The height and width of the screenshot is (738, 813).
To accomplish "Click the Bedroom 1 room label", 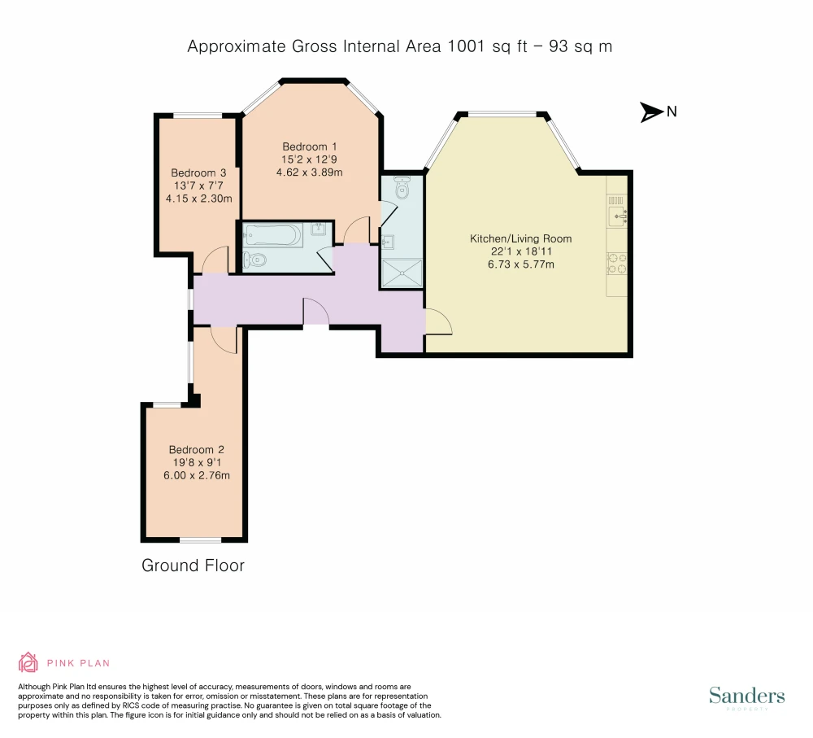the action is point(309,147).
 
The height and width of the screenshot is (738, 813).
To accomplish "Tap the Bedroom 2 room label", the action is point(196,450).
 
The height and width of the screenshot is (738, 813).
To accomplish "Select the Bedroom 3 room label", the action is point(198,172).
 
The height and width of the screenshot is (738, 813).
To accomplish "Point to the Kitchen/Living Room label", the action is point(520,238).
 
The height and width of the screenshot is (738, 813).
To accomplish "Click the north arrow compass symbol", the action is point(652,111).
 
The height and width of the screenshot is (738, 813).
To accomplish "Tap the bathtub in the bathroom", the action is point(272,236).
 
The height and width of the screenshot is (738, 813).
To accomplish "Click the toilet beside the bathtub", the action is point(254,260).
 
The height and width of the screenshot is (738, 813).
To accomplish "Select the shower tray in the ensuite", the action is point(402,273).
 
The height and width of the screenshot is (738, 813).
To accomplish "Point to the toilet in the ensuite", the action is point(402,188).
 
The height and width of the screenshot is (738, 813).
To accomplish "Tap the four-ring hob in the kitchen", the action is point(617,263).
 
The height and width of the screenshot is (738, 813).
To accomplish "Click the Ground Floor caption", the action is point(193,566).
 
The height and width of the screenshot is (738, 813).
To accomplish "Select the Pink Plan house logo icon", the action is point(28,662).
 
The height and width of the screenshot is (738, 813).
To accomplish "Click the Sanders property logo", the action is point(746,697).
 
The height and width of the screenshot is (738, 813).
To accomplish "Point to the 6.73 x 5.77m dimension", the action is point(520,264).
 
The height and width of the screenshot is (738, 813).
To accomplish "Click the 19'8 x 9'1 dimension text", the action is point(197,462).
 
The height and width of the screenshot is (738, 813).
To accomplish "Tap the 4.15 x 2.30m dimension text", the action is point(198,199).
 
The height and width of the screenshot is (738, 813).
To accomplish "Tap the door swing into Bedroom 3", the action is point(215,260).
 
